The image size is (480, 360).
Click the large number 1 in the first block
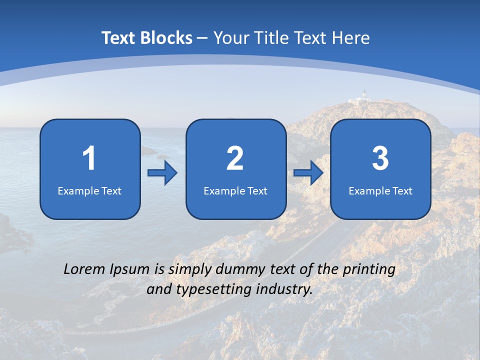89,158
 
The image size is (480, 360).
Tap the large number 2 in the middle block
235,158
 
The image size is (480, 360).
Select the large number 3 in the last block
380,158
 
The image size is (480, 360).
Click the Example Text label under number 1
89,190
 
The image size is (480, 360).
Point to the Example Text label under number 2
235,190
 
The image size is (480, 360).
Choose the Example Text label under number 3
380,190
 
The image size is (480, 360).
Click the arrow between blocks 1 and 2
162,173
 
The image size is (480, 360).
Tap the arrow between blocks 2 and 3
308,173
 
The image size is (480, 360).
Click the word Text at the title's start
119,38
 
